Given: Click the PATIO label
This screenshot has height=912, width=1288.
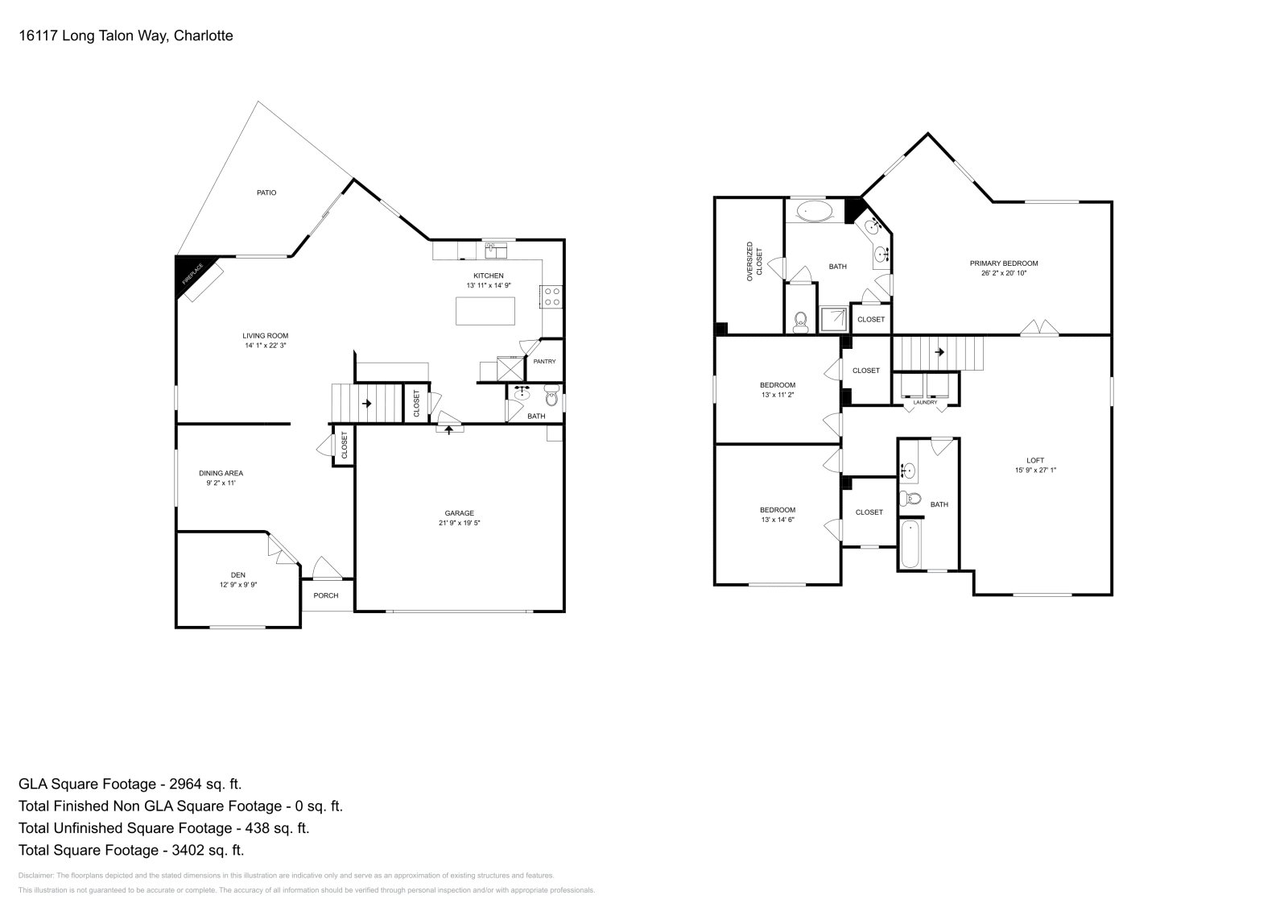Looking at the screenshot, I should tap(266, 193).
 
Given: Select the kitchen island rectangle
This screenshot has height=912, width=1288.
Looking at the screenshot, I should tap(485, 311).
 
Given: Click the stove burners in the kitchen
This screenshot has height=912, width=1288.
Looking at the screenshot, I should tap(552, 296).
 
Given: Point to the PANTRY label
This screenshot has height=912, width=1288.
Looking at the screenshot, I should tap(544, 362).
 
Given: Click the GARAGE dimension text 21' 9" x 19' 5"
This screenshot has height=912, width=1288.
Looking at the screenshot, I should tap(460, 523).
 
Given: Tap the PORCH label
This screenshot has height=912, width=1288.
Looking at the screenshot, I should tap(326, 595).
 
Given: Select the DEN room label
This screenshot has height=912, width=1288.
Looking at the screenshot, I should tap(238, 574).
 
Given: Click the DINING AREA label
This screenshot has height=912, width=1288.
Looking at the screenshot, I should tap(221, 473).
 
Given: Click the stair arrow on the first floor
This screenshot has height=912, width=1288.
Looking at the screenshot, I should tap(366, 403).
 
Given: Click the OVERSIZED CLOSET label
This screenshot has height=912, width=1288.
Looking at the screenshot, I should tap(753, 260).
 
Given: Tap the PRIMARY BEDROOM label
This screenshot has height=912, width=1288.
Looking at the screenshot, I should tap(1003, 263).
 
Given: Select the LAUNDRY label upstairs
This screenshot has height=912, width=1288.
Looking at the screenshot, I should tap(925, 402).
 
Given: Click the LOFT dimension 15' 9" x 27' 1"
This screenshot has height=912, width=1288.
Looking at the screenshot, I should tap(1035, 471).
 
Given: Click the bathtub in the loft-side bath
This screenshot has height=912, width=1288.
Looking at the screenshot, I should tap(910, 544).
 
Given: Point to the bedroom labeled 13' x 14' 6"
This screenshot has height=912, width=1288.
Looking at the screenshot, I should tap(778, 515).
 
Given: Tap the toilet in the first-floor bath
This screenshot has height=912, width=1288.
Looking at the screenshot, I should tap(551, 396).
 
